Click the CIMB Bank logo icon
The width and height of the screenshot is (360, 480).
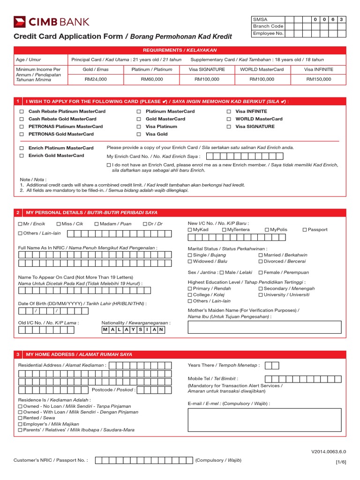click(x=20, y=22)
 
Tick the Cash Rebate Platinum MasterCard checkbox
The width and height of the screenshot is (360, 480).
click(x=21, y=112)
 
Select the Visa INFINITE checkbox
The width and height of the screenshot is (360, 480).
click(x=229, y=112)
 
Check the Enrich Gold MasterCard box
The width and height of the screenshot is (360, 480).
click(x=21, y=156)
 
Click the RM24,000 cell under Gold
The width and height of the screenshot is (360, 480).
click(x=96, y=79)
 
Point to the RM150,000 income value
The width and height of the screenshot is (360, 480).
click(x=318, y=79)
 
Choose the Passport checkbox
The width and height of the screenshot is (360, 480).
click(x=305, y=230)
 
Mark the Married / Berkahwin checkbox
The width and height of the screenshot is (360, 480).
click(x=261, y=255)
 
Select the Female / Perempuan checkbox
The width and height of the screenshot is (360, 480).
click(x=261, y=272)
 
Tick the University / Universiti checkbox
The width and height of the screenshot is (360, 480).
click(x=261, y=295)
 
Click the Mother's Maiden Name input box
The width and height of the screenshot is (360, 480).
click(x=267, y=327)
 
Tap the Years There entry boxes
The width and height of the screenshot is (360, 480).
click(x=271, y=365)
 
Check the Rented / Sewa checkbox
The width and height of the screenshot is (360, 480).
click(x=20, y=418)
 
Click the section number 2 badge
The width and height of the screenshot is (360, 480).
click(x=17, y=213)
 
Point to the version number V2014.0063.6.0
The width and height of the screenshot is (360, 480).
click(x=328, y=452)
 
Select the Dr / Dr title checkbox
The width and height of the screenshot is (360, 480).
click(x=145, y=224)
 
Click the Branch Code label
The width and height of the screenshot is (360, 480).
click(x=268, y=27)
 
